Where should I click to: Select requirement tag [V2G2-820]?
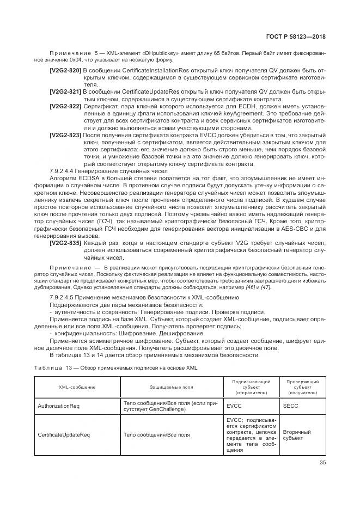[x=65, y=71]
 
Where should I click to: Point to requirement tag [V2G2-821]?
[x=65, y=91]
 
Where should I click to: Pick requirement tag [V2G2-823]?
[x=65, y=134]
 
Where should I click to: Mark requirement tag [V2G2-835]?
[x=65, y=243]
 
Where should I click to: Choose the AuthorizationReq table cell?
[x=59, y=406]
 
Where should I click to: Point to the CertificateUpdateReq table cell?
[x=64, y=435]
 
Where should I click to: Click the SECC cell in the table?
[x=291, y=406]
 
